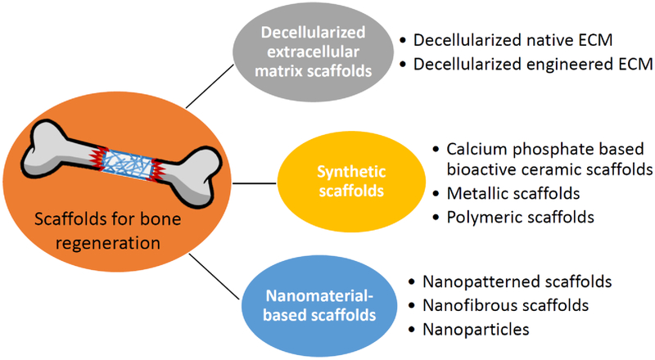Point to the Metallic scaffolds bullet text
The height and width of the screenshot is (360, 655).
513,195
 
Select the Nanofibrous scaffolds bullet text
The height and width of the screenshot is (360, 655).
506,306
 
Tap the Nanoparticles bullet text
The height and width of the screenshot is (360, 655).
476,330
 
